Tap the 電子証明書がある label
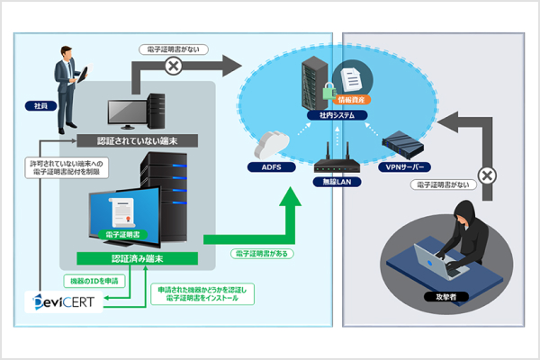click(261, 255)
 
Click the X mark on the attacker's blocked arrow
click(487, 175)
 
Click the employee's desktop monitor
click(127, 112)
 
